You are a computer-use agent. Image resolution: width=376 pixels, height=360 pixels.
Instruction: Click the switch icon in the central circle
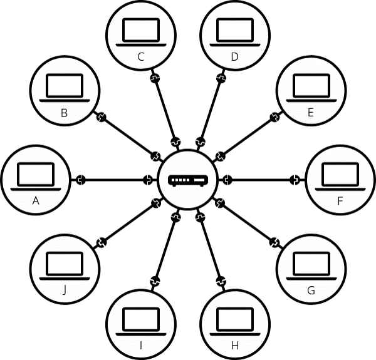[188, 180]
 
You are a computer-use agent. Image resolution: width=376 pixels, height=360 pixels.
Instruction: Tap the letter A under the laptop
[36, 200]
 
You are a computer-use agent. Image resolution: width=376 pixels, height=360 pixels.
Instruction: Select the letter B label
[64, 113]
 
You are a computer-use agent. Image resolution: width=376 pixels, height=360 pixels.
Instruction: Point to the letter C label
[141, 57]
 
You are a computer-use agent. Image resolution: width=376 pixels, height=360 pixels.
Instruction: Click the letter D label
[235, 57]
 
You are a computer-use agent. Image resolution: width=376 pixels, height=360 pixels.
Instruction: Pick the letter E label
[311, 112]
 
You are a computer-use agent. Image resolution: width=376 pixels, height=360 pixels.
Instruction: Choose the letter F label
[340, 201]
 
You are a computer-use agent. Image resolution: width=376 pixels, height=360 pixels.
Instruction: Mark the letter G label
[311, 291]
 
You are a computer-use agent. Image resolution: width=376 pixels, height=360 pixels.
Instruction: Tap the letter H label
[235, 346]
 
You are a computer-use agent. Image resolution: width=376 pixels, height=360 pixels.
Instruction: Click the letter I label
[141, 346]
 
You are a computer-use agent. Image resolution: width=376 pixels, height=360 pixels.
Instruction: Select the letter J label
[65, 291]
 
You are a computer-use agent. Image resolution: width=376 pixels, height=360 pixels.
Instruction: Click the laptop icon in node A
[36, 177]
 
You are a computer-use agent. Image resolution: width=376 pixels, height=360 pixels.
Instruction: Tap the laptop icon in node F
[340, 177]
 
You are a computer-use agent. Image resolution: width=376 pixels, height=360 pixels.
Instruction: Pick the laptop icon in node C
[141, 32]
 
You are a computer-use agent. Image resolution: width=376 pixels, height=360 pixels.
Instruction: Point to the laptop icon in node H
[235, 321]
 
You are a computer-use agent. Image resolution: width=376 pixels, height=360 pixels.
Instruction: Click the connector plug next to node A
[81, 180]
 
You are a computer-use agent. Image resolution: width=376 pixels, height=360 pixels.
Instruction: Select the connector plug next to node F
[295, 180]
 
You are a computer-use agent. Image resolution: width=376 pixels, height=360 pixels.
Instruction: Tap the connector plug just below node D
[221, 78]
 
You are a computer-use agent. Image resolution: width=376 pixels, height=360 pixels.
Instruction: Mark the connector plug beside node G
[274, 242]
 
